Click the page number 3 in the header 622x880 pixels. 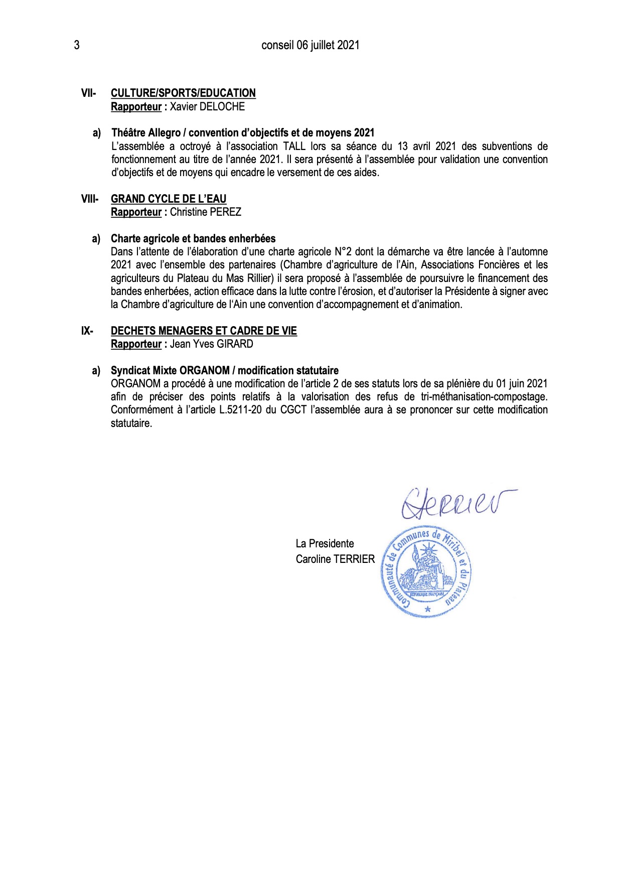pyautogui.click(x=77, y=45)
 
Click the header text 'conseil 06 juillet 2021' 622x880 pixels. pyautogui.click(x=310, y=45)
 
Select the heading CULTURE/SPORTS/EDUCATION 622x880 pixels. pyautogui.click(x=183, y=93)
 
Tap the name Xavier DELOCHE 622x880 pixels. pyautogui.click(x=207, y=106)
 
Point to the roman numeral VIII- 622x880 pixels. pyautogui.click(x=90, y=199)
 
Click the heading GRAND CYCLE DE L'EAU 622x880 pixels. pyautogui.click(x=169, y=199)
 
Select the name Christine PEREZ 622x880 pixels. pyautogui.click(x=206, y=212)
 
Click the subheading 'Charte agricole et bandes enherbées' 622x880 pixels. pyautogui.click(x=193, y=238)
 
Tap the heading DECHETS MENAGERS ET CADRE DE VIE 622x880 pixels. pyautogui.click(x=204, y=331)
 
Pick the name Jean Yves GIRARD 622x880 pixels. pyautogui.click(x=212, y=344)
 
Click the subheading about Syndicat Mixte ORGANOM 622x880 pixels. pyautogui.click(x=224, y=370)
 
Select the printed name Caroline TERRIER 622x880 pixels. pyautogui.click(x=335, y=559)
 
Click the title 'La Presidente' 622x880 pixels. pyautogui.click(x=325, y=543)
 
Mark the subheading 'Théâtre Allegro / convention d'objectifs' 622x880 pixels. pyautogui.click(x=243, y=132)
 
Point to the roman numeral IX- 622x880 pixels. pyautogui.click(x=87, y=331)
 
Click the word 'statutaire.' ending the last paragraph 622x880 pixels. pyautogui.click(x=131, y=423)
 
